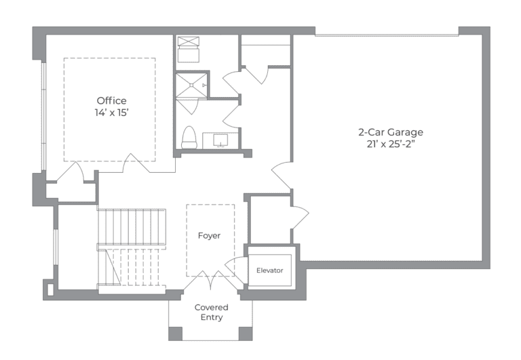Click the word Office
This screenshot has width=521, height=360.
pyautogui.click(x=111, y=101)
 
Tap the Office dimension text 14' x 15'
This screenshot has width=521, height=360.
pyautogui.click(x=111, y=113)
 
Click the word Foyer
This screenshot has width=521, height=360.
pyautogui.click(x=209, y=236)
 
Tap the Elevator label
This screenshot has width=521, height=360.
pyautogui.click(x=269, y=271)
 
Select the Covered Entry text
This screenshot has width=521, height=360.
pyautogui.click(x=211, y=312)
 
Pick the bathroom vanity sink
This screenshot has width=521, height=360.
pyautogui.click(x=221, y=140)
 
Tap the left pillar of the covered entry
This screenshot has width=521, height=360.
pyautogui.click(x=175, y=333)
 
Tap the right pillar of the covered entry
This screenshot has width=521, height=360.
pyautogui.click(x=246, y=333)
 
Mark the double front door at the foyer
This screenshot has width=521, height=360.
pyautogui.click(x=211, y=278)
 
